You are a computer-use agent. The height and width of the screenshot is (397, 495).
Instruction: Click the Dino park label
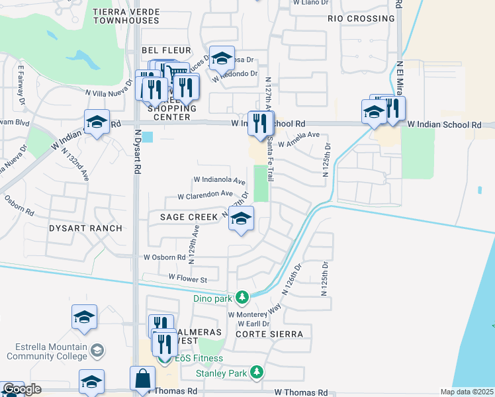tap(213, 298)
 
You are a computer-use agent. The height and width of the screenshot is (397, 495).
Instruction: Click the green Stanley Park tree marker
tap(257, 373)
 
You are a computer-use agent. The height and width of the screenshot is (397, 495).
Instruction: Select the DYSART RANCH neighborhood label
tap(85, 228)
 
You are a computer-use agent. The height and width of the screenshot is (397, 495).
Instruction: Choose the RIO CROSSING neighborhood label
tap(361, 19)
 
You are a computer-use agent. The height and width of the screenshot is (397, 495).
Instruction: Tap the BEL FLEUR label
tap(166, 50)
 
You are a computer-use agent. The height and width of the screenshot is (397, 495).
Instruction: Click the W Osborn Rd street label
tap(165, 257)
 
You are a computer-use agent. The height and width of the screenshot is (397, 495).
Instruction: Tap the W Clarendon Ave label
tap(205, 195)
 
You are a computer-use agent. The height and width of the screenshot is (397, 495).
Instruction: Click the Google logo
tap(22, 390)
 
